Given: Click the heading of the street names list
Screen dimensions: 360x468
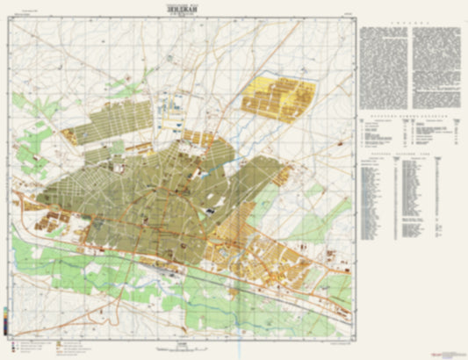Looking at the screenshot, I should [409, 155].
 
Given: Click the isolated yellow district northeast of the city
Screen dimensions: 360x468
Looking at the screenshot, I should [280, 96].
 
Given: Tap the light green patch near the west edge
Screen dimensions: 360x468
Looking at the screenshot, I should [35, 140].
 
